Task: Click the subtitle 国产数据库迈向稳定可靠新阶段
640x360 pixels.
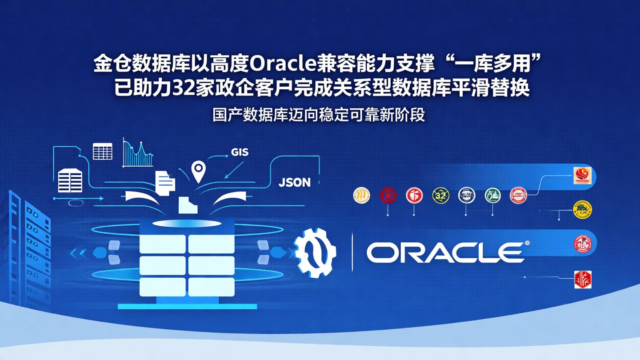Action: point(319,115)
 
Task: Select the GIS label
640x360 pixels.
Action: point(240,152)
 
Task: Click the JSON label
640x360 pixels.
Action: point(294,182)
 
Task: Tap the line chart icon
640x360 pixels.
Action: point(138,154)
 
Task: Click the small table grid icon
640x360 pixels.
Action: point(102,152)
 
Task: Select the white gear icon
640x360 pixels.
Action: point(315,253)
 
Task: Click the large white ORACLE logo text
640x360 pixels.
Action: point(445,252)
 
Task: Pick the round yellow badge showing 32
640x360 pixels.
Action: point(440,196)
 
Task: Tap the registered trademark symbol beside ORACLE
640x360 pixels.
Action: point(527,243)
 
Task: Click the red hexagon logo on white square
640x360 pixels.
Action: point(583,280)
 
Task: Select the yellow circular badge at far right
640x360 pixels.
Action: point(582,210)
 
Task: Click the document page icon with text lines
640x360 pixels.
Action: point(165,183)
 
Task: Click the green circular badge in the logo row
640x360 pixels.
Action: point(492,196)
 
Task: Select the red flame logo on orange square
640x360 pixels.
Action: point(582,176)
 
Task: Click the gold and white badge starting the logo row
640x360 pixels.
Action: point(361,196)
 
